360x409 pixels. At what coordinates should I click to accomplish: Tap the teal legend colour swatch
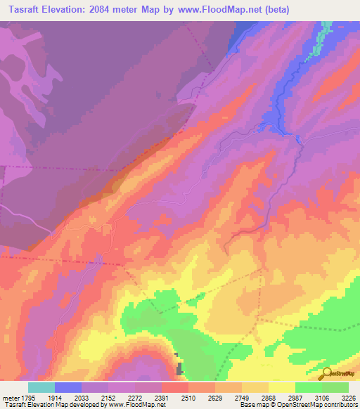tap(41, 387)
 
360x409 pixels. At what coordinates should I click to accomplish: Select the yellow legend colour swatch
tap(282, 387)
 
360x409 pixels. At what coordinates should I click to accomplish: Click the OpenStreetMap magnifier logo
tap(325, 373)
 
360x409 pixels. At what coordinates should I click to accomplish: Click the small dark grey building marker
tap(179, 368)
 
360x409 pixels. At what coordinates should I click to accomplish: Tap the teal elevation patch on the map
tap(326, 32)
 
